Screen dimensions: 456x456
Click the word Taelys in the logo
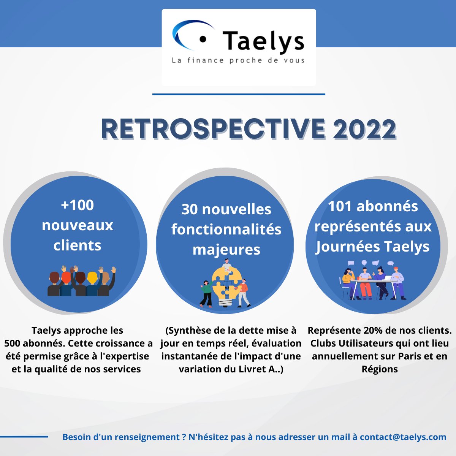tap(263, 41)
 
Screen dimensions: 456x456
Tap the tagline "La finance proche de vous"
tap(238, 60)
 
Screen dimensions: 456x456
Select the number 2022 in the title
tap(364, 130)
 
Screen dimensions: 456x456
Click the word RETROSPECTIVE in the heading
tap(213, 130)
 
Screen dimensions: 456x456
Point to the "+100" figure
tap(77, 205)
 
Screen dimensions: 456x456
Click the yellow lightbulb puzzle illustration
tap(225, 283)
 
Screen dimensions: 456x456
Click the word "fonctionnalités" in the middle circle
tap(226, 230)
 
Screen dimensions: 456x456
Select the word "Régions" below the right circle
tap(379, 369)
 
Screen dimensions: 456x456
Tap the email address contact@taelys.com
tap(403, 437)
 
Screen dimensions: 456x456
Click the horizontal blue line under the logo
tap(239, 94)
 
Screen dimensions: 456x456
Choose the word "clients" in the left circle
tap(77, 245)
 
